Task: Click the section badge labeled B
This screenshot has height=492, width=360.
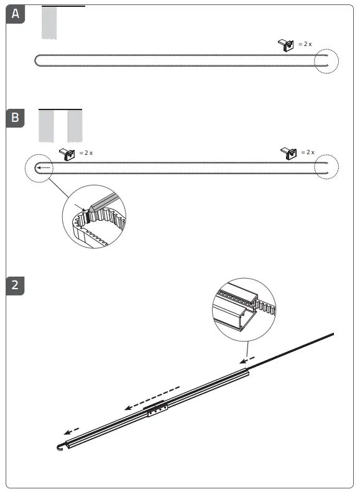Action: [16, 117]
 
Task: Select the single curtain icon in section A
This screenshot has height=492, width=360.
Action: [49, 23]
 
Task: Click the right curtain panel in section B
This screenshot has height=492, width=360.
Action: [75, 126]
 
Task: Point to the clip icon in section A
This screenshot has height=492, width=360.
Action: [286, 45]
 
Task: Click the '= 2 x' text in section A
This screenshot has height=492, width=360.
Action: [305, 45]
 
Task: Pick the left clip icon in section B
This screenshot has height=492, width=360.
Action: [67, 152]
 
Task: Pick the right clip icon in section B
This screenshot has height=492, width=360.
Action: [288, 152]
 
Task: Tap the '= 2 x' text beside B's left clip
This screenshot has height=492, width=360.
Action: [86, 152]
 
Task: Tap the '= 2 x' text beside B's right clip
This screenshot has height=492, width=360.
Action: [308, 152]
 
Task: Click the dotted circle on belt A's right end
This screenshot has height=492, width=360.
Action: [326, 60]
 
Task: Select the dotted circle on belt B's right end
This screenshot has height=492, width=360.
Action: [326, 167]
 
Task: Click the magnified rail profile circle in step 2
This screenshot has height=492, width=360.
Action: [244, 310]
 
